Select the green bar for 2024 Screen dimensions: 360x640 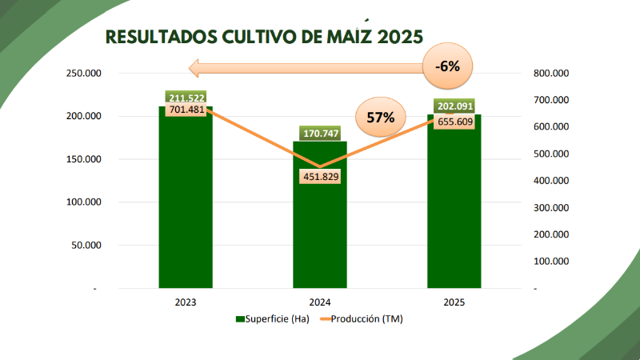(320, 224)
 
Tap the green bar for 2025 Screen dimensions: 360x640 (454, 208)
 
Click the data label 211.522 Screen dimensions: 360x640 (186, 98)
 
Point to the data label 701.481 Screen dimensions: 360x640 (186, 110)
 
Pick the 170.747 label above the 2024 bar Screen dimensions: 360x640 (320, 133)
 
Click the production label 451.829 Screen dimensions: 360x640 (320, 177)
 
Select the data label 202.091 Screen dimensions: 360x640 (454, 106)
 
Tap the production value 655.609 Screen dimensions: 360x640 (454, 122)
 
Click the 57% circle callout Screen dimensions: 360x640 (381, 117)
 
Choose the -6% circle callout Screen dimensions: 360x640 (447, 66)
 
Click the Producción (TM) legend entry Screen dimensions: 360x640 (363, 319)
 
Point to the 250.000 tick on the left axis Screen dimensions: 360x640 (83, 74)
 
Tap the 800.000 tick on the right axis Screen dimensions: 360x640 (550, 74)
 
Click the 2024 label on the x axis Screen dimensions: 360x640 (320, 302)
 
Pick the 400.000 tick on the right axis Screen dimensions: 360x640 (550, 181)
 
